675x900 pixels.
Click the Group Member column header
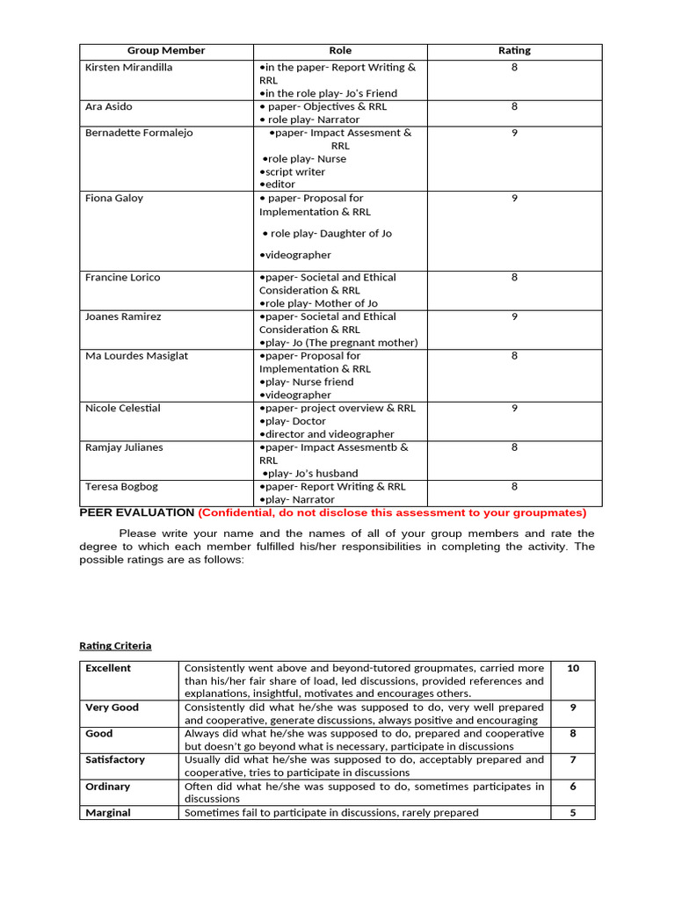pos(166,51)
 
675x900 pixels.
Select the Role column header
pos(340,51)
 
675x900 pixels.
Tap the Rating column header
pos(514,51)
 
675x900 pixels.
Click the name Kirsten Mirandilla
pos(128,68)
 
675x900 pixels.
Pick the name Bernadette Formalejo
pos(138,133)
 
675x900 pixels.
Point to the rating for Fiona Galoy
pos(514,199)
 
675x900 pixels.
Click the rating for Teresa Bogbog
pos(514,487)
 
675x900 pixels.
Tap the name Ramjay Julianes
pos(124,447)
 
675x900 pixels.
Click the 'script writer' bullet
pos(294,172)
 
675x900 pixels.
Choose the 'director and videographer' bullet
pos(327,434)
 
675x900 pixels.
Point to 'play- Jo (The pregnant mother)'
pos(339,343)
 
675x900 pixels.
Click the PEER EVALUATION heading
pos(136,512)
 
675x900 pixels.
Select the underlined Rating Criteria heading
pos(115,646)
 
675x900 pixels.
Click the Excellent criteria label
pos(108,668)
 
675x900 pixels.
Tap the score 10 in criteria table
pos(573,668)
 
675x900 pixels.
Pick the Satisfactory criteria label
pos(115,759)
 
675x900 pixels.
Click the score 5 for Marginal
pos(573,813)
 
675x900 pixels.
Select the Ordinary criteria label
pos(107,787)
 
